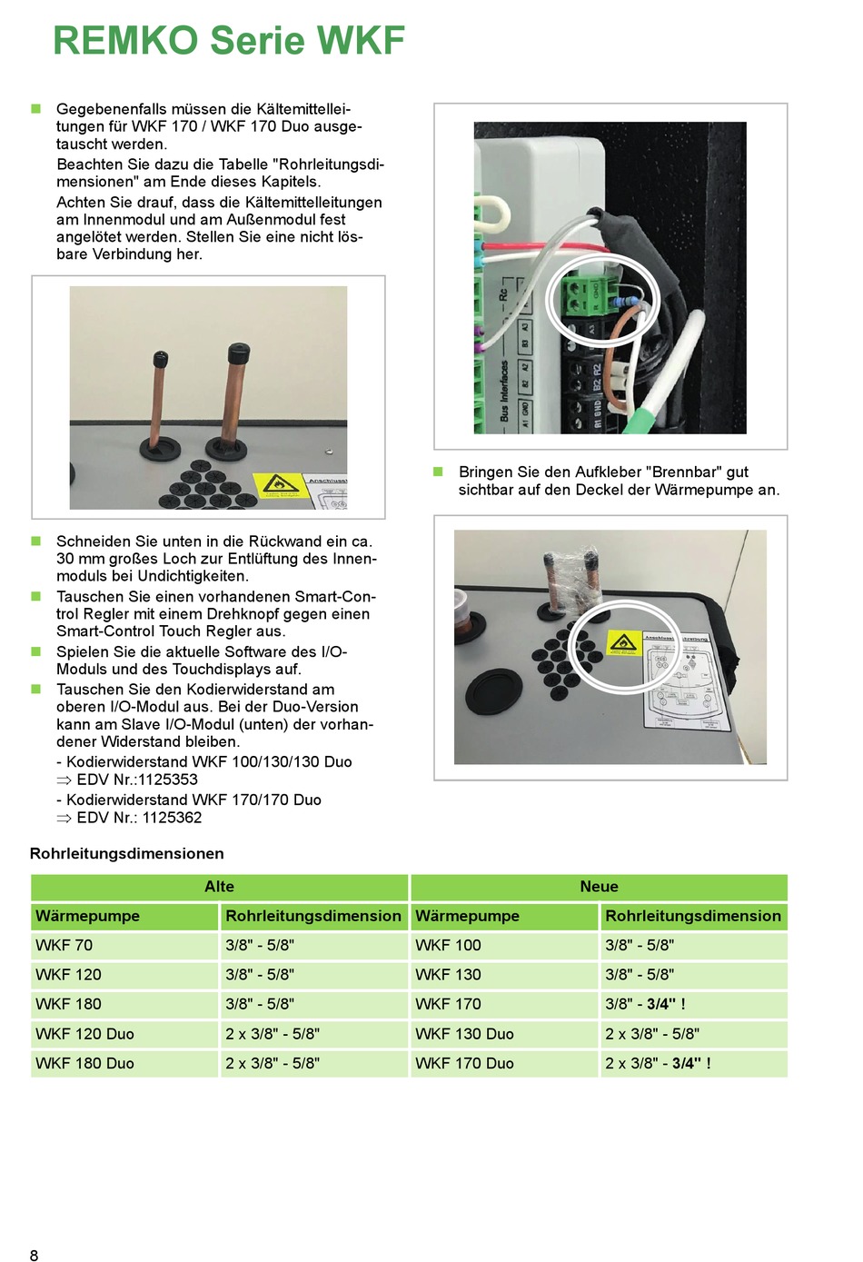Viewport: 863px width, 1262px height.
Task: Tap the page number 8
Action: [35, 1255]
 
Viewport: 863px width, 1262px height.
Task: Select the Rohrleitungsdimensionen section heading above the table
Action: [126, 853]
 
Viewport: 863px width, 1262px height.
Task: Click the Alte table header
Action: [219, 887]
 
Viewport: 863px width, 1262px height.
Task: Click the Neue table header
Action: [599, 887]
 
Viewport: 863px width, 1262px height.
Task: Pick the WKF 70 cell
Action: [64, 946]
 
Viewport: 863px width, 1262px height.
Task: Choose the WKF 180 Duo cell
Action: [84, 1063]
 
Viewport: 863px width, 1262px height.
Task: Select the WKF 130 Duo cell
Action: [464, 1034]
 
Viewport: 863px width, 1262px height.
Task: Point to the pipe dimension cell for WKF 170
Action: [645, 1004]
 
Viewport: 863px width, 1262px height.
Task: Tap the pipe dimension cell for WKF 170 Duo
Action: [658, 1063]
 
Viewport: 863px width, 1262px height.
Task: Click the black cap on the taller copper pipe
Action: [238, 351]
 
